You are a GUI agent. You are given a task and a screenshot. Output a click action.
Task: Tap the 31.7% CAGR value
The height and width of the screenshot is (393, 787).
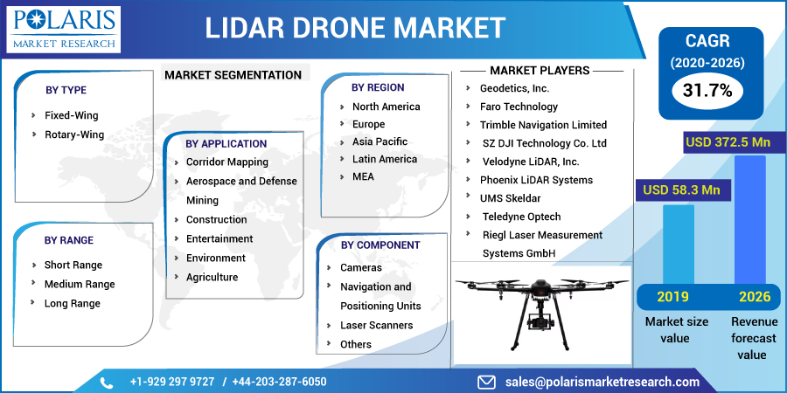[707, 89]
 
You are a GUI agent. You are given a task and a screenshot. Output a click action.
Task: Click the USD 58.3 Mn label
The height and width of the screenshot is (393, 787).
[681, 190]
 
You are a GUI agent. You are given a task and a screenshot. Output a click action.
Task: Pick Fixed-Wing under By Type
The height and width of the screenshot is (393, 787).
[71, 115]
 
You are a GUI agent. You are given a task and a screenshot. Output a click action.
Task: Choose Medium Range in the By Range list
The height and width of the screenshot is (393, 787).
[79, 284]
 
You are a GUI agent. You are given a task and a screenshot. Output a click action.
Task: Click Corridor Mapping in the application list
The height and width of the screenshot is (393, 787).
[226, 162]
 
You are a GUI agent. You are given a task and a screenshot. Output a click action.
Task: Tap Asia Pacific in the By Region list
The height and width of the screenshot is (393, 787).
[380, 141]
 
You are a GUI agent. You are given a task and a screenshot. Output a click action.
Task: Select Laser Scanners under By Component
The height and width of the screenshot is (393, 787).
[376, 325]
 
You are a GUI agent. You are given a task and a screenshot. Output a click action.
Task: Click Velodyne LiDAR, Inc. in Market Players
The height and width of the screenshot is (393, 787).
[530, 162]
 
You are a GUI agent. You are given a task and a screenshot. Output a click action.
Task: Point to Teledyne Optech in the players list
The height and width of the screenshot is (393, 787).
[521, 217]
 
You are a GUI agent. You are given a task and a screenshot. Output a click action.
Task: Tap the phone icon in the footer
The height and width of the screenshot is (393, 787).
[107, 383]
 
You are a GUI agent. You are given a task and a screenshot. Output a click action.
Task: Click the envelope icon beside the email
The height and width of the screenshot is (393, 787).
[487, 383]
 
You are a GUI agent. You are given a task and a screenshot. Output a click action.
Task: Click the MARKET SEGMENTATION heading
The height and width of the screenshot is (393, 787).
[233, 75]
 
